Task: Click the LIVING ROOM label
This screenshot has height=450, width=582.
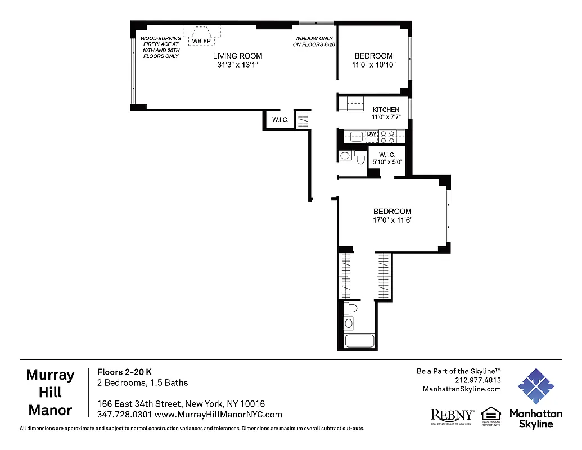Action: coord(237,56)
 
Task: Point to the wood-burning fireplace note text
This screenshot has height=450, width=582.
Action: coord(161,47)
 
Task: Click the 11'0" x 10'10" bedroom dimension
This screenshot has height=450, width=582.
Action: coord(374,65)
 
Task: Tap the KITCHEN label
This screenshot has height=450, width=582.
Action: coord(386,110)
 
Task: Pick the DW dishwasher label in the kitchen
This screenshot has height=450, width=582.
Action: coord(371,134)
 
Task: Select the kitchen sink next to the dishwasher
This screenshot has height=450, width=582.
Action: coord(355,135)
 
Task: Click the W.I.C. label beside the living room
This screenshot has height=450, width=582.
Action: coord(280,120)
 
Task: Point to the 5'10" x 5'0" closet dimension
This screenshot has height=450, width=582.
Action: coord(387,163)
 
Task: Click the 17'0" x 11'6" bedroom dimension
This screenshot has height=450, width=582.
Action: coord(392,220)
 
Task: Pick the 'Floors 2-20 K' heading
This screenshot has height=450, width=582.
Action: coord(124,372)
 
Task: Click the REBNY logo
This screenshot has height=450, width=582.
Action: coord(452,415)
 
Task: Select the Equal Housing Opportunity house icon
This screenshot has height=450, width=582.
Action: coord(491,413)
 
